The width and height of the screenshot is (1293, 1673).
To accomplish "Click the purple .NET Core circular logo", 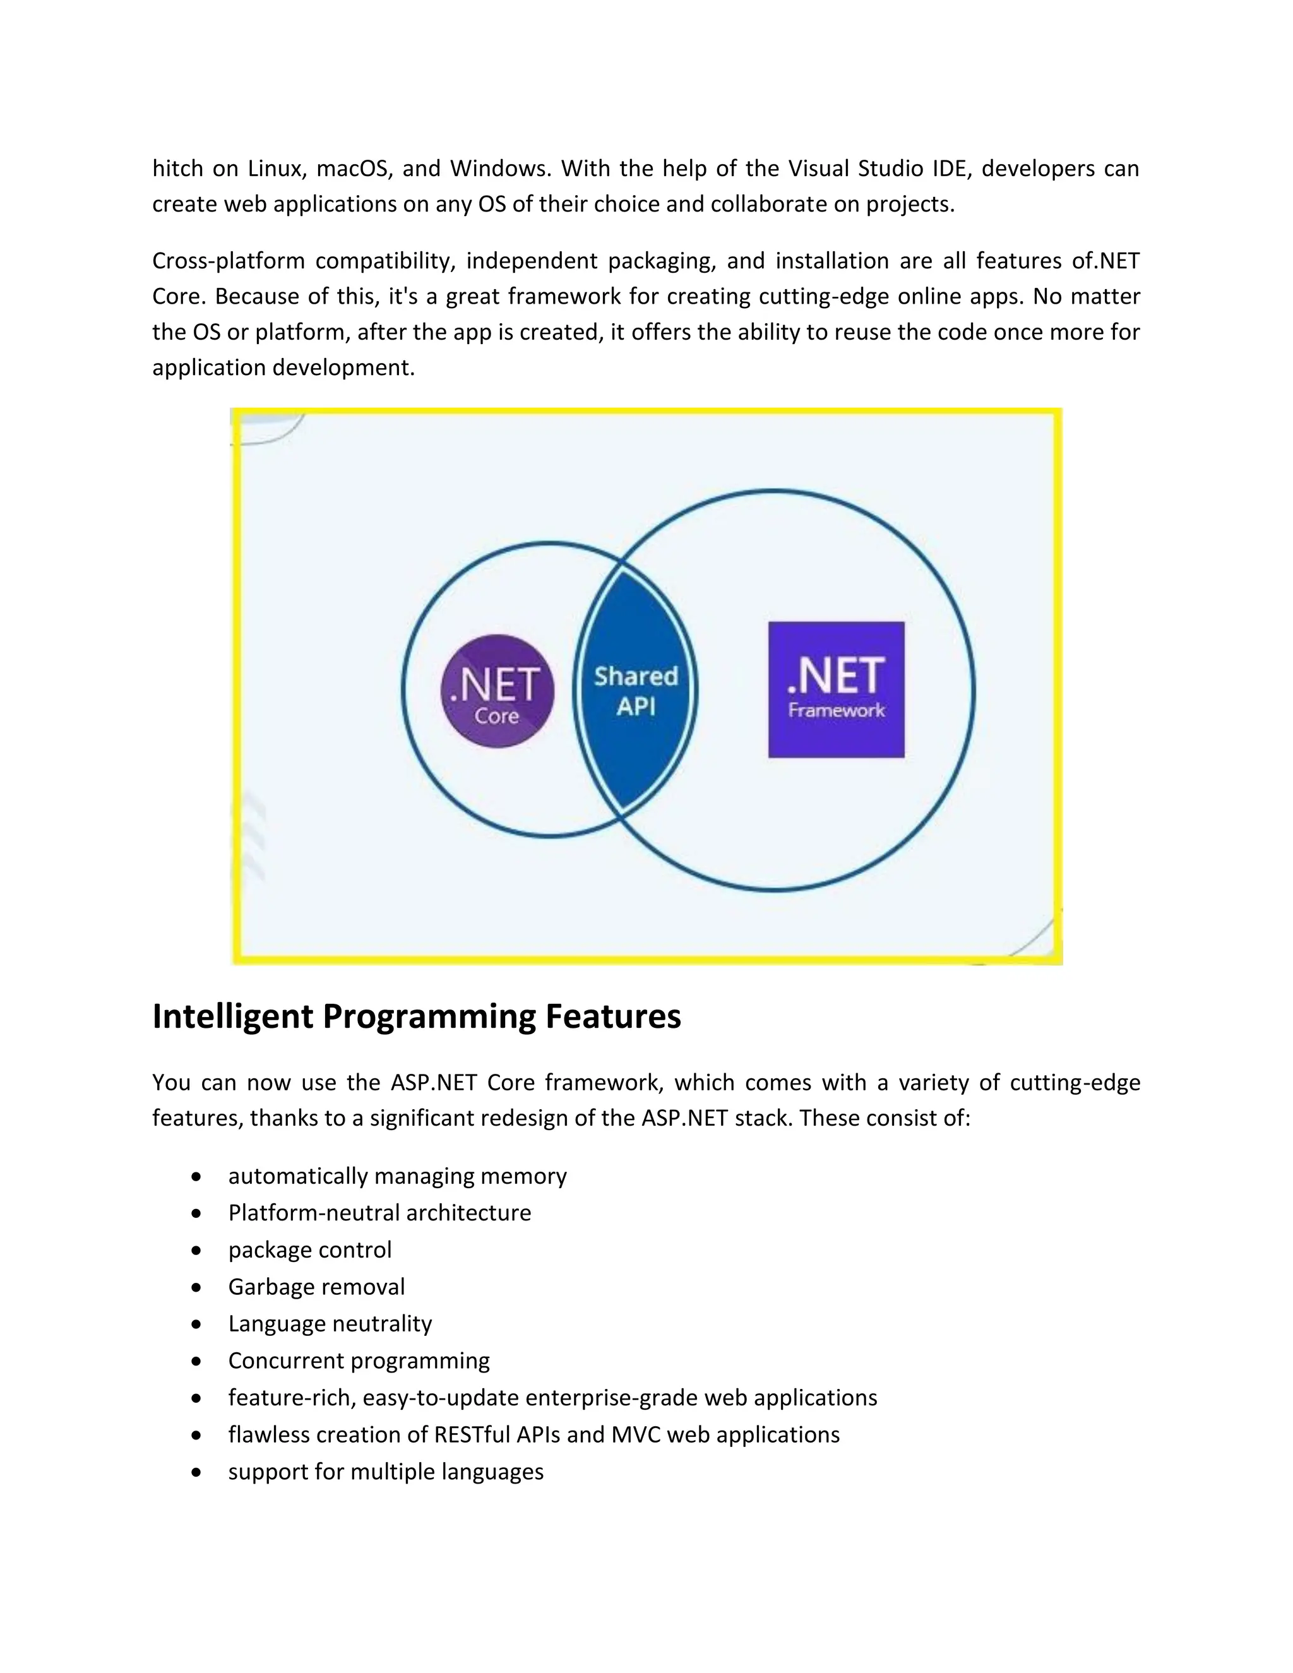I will click(497, 691).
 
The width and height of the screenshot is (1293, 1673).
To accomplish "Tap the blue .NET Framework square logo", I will click(836, 689).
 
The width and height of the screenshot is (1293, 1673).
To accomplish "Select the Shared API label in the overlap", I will click(636, 690).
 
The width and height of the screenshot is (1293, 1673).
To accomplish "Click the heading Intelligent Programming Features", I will click(416, 1016).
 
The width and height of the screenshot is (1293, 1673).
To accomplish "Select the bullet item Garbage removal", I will click(316, 1286).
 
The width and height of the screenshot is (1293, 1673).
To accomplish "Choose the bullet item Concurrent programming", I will click(359, 1360).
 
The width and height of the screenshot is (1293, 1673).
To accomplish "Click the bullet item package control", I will click(309, 1249).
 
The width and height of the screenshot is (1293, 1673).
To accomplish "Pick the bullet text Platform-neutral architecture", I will click(379, 1213).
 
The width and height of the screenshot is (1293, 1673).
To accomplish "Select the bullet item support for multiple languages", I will click(385, 1471).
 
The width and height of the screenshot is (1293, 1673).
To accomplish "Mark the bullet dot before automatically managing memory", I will click(198, 1176).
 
